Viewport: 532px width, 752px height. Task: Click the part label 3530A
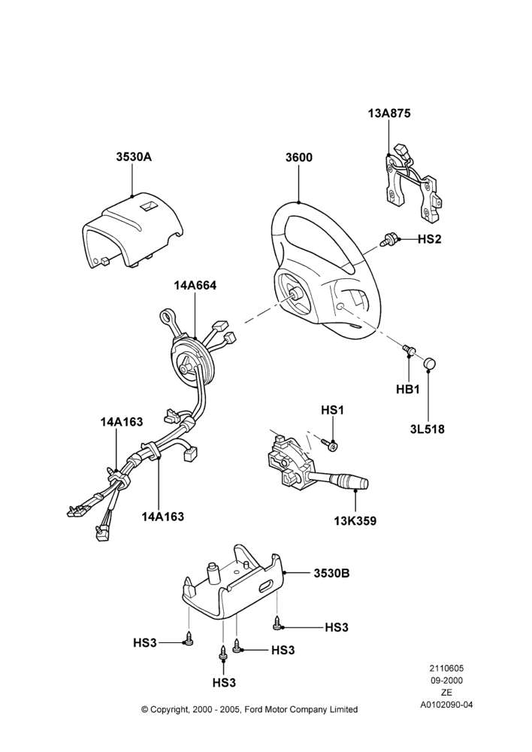click(x=134, y=157)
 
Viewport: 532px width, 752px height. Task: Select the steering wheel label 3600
click(x=298, y=157)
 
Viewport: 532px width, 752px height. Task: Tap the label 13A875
click(x=389, y=114)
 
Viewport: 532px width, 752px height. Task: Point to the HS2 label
click(x=429, y=239)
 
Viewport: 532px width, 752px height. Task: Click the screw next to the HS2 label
click(x=388, y=239)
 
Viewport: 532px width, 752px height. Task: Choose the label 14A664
click(x=195, y=285)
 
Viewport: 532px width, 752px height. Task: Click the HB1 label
click(x=408, y=390)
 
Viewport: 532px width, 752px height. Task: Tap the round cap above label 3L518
click(x=430, y=364)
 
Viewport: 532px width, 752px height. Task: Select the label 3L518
click(x=427, y=429)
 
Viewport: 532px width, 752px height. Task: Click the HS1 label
click(x=333, y=411)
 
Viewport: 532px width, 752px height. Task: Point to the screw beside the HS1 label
click(x=330, y=444)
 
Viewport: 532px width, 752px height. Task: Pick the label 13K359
click(x=355, y=521)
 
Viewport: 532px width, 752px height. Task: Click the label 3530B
click(x=331, y=573)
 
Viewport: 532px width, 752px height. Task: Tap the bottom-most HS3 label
click(x=225, y=683)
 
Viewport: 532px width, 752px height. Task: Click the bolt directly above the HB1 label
click(x=408, y=350)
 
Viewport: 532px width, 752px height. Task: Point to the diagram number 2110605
click(x=446, y=669)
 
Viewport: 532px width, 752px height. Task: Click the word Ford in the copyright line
click(x=255, y=709)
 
